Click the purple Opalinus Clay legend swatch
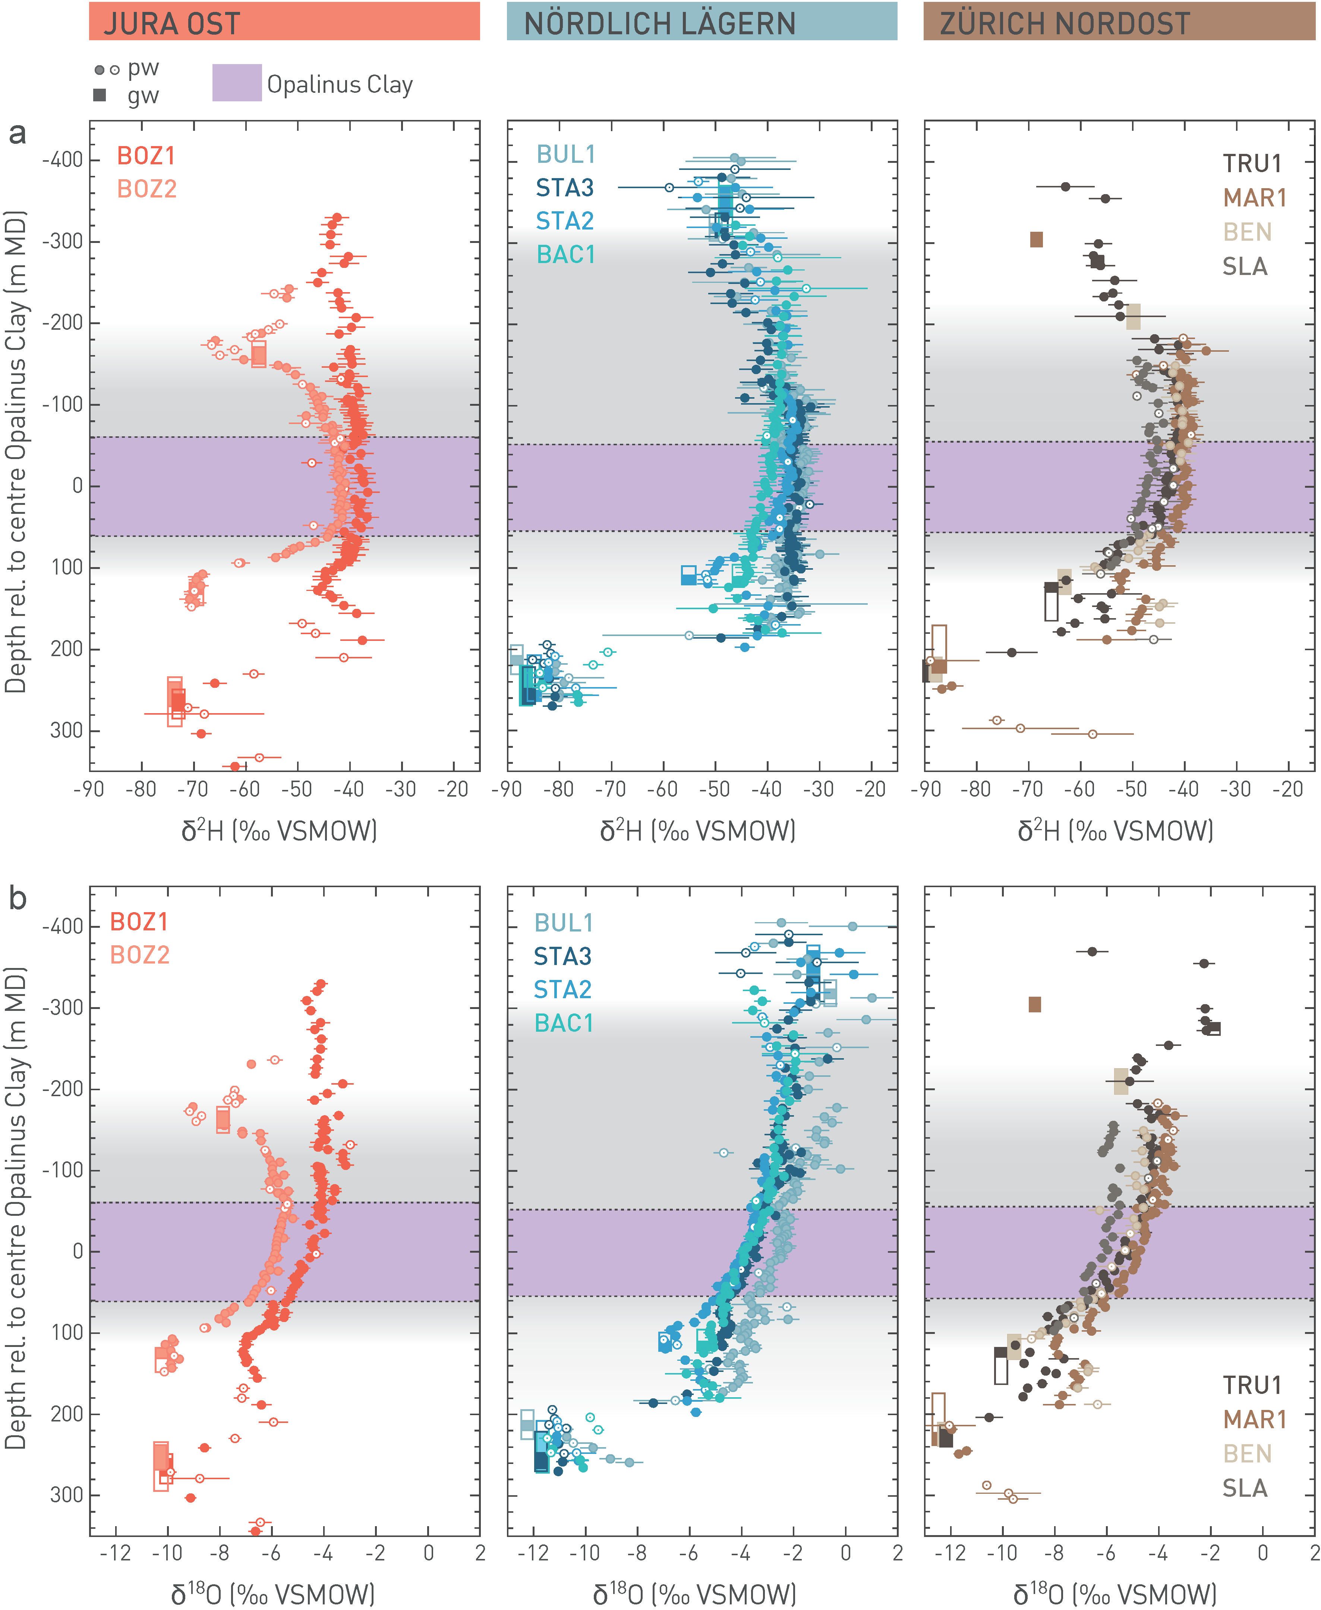[237, 83]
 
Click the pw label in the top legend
[143, 69]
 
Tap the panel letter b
[17, 899]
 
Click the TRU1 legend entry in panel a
[1252, 164]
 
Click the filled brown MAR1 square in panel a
[1036, 240]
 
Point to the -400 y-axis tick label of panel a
[62, 161]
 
